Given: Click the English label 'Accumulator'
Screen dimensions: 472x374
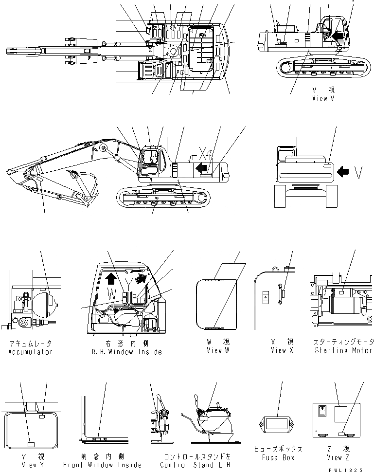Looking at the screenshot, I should (x=30, y=352).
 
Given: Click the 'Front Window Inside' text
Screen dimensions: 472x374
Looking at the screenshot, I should (x=102, y=465).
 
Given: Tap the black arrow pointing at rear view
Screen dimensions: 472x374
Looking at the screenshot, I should (x=343, y=171).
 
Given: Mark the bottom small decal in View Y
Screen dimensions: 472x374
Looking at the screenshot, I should (x=30, y=444).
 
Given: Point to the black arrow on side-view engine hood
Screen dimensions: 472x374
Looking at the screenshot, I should (x=200, y=168).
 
